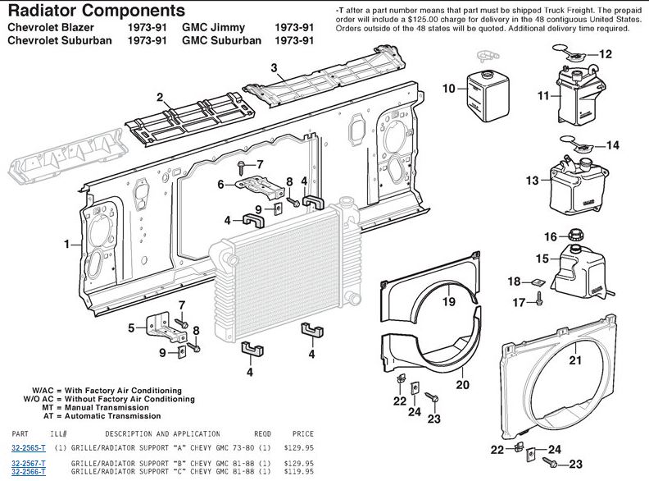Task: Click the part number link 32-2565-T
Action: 29,448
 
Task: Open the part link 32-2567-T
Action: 29,463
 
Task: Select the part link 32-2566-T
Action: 29,471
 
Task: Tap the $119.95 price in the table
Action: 299,471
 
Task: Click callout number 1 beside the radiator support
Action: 67,245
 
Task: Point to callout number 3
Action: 274,67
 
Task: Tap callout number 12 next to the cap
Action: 605,54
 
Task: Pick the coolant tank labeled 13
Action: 579,186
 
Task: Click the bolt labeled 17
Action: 539,299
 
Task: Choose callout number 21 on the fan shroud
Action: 575,360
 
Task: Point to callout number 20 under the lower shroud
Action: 462,385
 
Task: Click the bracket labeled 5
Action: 166,328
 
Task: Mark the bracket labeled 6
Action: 261,186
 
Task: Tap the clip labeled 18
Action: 538,283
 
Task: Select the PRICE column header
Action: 303,433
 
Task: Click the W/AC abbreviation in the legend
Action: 43,391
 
